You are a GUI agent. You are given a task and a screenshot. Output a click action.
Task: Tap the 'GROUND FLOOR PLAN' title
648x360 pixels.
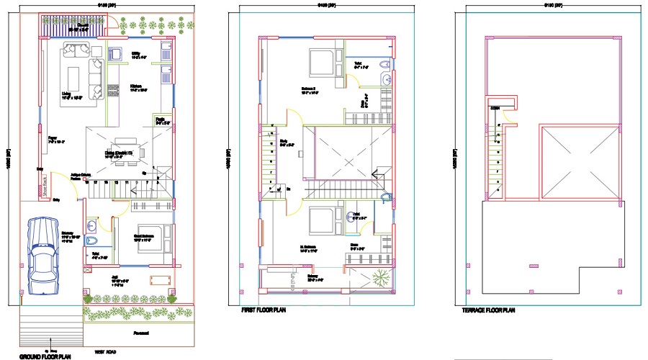(45, 356)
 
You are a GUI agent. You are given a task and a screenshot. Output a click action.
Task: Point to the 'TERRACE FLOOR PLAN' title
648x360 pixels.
(489, 310)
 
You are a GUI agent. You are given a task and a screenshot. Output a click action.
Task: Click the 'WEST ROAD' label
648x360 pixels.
(106, 352)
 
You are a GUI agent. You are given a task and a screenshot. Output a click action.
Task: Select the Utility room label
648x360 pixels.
(136, 54)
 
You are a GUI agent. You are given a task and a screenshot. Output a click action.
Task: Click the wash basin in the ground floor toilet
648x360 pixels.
(91, 241)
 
